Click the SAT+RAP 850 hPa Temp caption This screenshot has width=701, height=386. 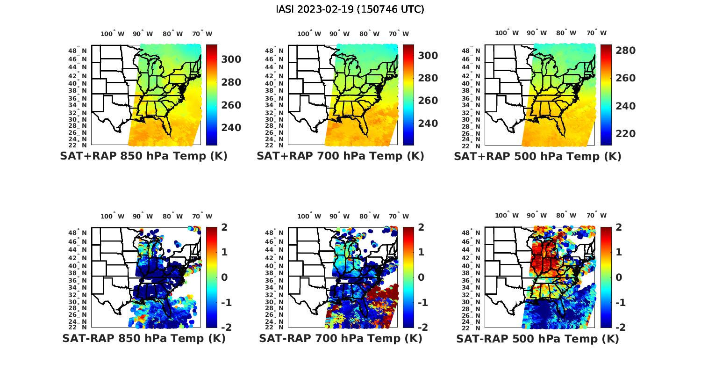(143, 156)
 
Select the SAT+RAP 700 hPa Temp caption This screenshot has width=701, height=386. (340, 156)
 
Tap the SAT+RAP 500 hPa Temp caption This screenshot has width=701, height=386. (537, 156)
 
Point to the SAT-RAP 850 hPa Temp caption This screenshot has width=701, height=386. (144, 338)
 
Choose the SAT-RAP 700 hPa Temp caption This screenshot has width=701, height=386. (341, 338)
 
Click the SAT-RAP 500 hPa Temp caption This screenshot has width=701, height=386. (537, 338)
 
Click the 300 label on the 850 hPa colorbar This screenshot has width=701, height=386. (231, 59)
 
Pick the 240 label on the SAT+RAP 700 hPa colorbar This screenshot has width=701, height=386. (428, 124)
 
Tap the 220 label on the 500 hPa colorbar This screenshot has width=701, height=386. (625, 134)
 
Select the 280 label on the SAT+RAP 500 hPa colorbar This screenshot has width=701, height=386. (625, 51)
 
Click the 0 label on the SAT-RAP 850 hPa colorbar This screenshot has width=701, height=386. (224, 277)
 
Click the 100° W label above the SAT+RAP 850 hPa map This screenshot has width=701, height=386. (113, 34)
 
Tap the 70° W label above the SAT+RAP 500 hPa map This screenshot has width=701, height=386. (597, 33)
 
